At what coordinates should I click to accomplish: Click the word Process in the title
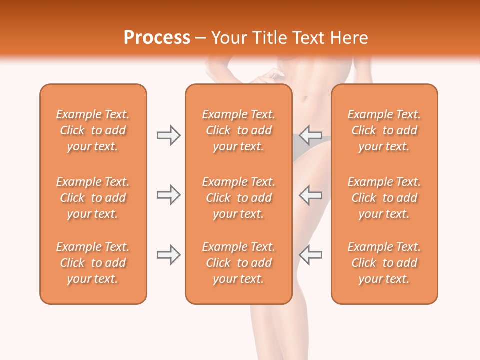(x=157, y=38)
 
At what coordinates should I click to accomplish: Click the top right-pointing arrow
(x=168, y=135)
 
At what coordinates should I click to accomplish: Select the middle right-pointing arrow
(x=168, y=195)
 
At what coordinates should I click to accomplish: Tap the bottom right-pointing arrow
(x=168, y=255)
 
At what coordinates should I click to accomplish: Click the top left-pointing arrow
(x=311, y=135)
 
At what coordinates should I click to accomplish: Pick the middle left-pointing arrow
(x=311, y=195)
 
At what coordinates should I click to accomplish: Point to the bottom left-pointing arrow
(x=311, y=255)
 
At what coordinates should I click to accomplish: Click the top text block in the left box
(x=93, y=130)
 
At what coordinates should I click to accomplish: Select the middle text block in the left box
(x=93, y=198)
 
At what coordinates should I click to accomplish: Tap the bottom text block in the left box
(x=93, y=263)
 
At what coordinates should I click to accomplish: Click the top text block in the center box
(x=238, y=130)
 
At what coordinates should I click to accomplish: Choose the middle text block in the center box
(x=238, y=198)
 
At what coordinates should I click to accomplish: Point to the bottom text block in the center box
(x=238, y=263)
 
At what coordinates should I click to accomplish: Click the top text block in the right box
(x=384, y=130)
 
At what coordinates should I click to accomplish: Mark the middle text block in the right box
(x=384, y=198)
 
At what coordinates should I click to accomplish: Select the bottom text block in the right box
(x=384, y=263)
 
